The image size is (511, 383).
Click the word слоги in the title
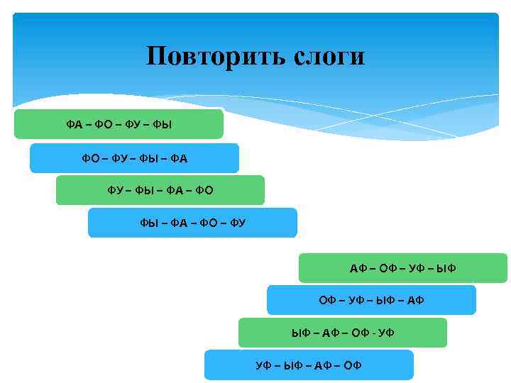click(x=328, y=56)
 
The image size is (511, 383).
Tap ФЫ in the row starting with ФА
click(x=163, y=126)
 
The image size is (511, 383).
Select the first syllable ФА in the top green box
click(x=75, y=126)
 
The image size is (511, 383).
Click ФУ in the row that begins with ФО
click(x=120, y=158)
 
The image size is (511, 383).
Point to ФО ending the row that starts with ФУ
click(x=204, y=190)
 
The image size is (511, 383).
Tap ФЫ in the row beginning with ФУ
click(x=146, y=190)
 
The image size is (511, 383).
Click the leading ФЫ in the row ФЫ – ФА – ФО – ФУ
click(x=149, y=223)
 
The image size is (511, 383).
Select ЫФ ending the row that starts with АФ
click(x=447, y=269)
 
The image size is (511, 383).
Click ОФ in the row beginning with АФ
click(x=388, y=269)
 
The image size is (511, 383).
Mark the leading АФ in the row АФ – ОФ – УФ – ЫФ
click(x=358, y=269)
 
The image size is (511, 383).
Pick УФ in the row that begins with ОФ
click(x=356, y=301)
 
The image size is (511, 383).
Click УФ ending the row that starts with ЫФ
click(x=386, y=333)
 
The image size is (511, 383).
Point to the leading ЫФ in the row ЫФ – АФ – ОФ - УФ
click(x=301, y=333)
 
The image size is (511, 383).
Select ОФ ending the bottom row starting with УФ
click(x=353, y=365)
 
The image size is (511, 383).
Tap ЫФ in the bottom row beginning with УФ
click(x=294, y=365)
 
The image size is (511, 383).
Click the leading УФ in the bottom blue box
click(x=264, y=365)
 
